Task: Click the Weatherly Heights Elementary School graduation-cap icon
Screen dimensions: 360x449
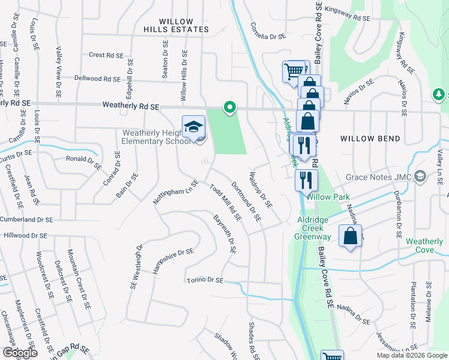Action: click(193, 127)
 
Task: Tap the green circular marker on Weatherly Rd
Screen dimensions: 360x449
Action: click(229, 107)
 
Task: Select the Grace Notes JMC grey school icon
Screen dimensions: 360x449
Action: click(420, 176)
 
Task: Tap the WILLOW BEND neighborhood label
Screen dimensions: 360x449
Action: click(370, 139)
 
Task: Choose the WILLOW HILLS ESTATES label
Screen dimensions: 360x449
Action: click(176, 24)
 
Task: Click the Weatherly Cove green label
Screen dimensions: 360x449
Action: click(424, 245)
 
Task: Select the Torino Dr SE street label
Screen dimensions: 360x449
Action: click(204, 280)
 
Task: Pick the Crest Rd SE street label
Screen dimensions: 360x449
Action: click(106, 55)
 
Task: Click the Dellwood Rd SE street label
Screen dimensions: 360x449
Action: click(97, 79)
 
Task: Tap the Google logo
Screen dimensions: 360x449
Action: click(20, 353)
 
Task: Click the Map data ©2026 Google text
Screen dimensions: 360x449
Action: click(411, 355)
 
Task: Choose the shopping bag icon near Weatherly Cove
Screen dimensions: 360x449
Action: click(351, 236)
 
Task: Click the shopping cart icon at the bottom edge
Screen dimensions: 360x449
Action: click(332, 356)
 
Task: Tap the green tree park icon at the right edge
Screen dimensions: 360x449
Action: click(440, 95)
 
